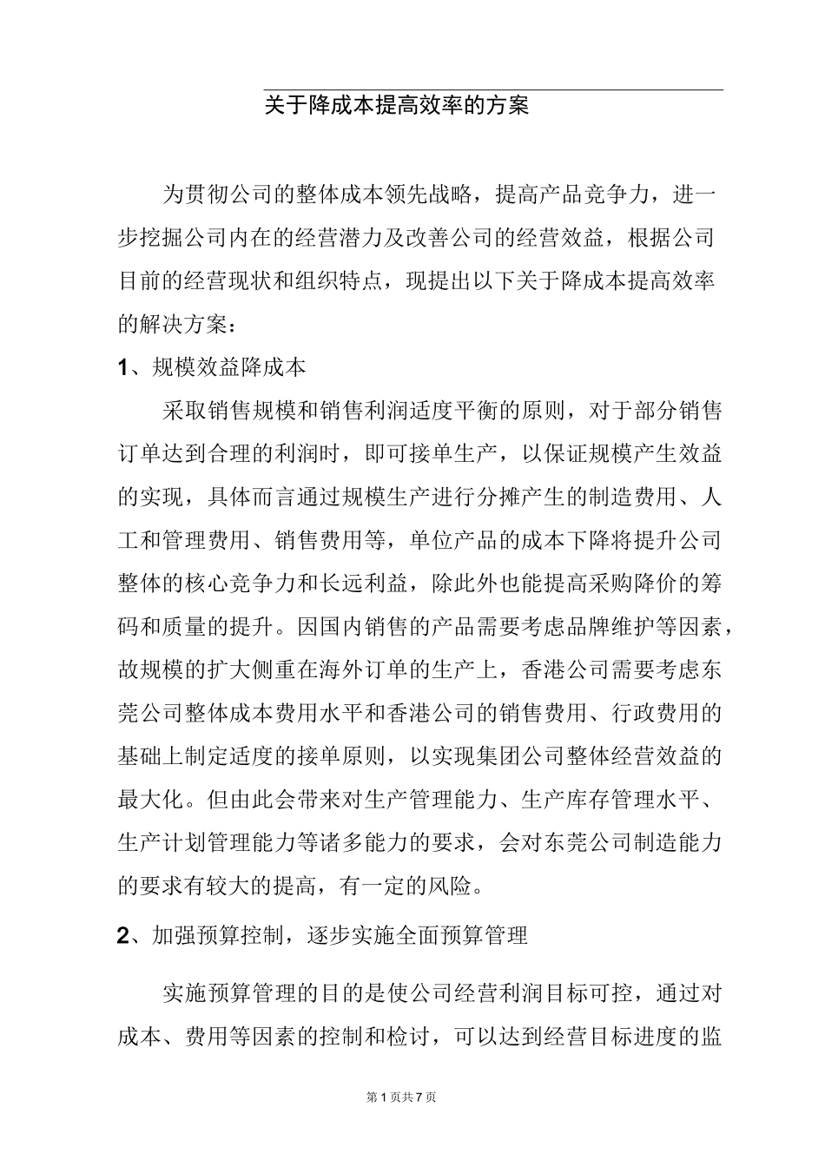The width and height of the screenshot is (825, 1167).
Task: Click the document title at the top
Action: (397, 107)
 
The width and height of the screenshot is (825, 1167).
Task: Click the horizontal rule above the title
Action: (493, 89)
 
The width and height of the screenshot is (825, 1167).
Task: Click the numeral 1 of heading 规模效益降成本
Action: (123, 368)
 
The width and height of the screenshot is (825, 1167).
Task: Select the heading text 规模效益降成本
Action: (229, 368)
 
